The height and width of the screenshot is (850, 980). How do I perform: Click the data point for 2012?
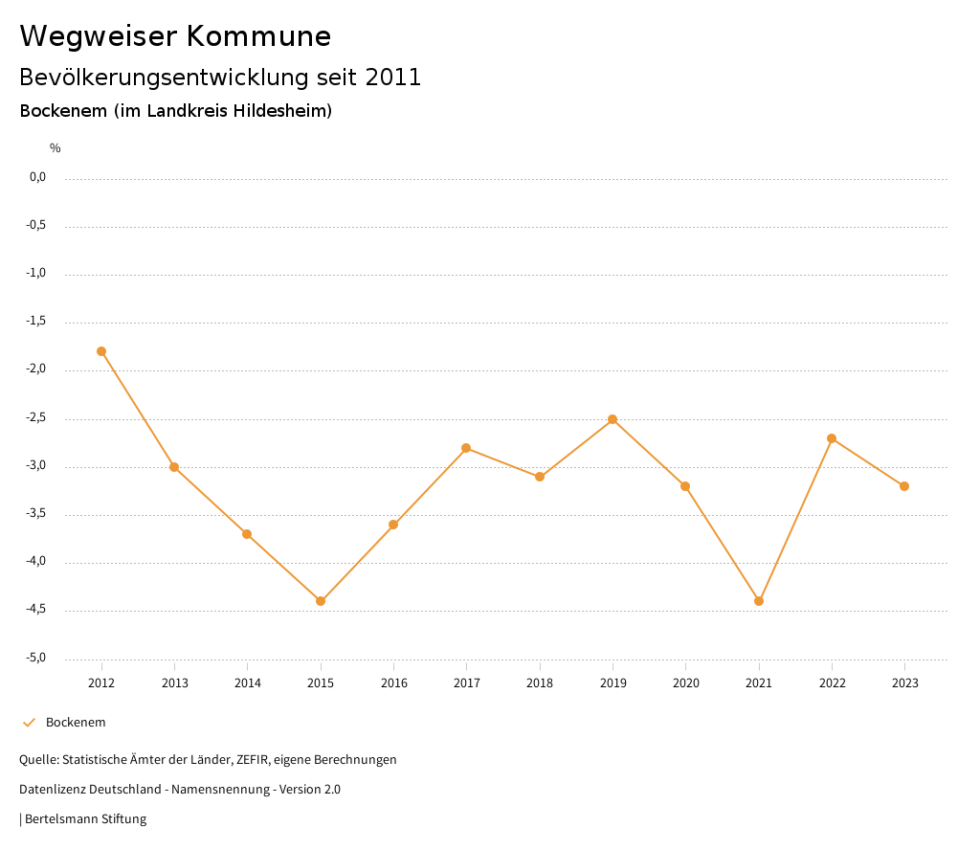[x=101, y=351]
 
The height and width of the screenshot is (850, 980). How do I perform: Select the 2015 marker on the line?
[x=321, y=601]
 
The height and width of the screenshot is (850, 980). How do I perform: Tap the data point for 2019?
[x=612, y=419]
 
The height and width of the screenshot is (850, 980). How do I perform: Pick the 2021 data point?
[x=759, y=601]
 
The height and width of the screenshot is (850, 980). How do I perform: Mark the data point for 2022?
[x=832, y=438]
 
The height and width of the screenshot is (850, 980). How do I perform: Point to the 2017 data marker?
[x=466, y=448]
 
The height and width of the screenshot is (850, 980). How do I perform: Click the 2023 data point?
[x=905, y=486]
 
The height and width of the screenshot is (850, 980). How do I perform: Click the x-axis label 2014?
[x=248, y=683]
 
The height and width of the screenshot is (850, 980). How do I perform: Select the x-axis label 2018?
[x=540, y=683]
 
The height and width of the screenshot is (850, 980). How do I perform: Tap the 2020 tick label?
[x=686, y=683]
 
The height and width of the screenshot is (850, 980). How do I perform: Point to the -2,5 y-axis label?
[x=37, y=418]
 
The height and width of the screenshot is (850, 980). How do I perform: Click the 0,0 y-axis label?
[x=38, y=177]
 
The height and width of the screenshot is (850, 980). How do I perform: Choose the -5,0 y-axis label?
[x=37, y=658]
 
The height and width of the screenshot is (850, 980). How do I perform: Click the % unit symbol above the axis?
[x=56, y=148]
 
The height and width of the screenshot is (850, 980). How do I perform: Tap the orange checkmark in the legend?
[x=29, y=723]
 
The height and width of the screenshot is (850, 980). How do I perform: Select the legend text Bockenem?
[x=76, y=723]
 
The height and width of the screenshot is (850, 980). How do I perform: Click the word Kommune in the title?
[x=258, y=36]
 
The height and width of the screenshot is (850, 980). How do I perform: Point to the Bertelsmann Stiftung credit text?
[x=85, y=819]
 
